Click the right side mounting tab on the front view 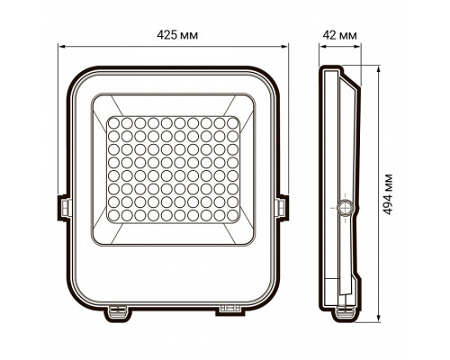click(x=287, y=205)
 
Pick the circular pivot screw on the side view click(x=344, y=208)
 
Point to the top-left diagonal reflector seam click(x=103, y=105)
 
